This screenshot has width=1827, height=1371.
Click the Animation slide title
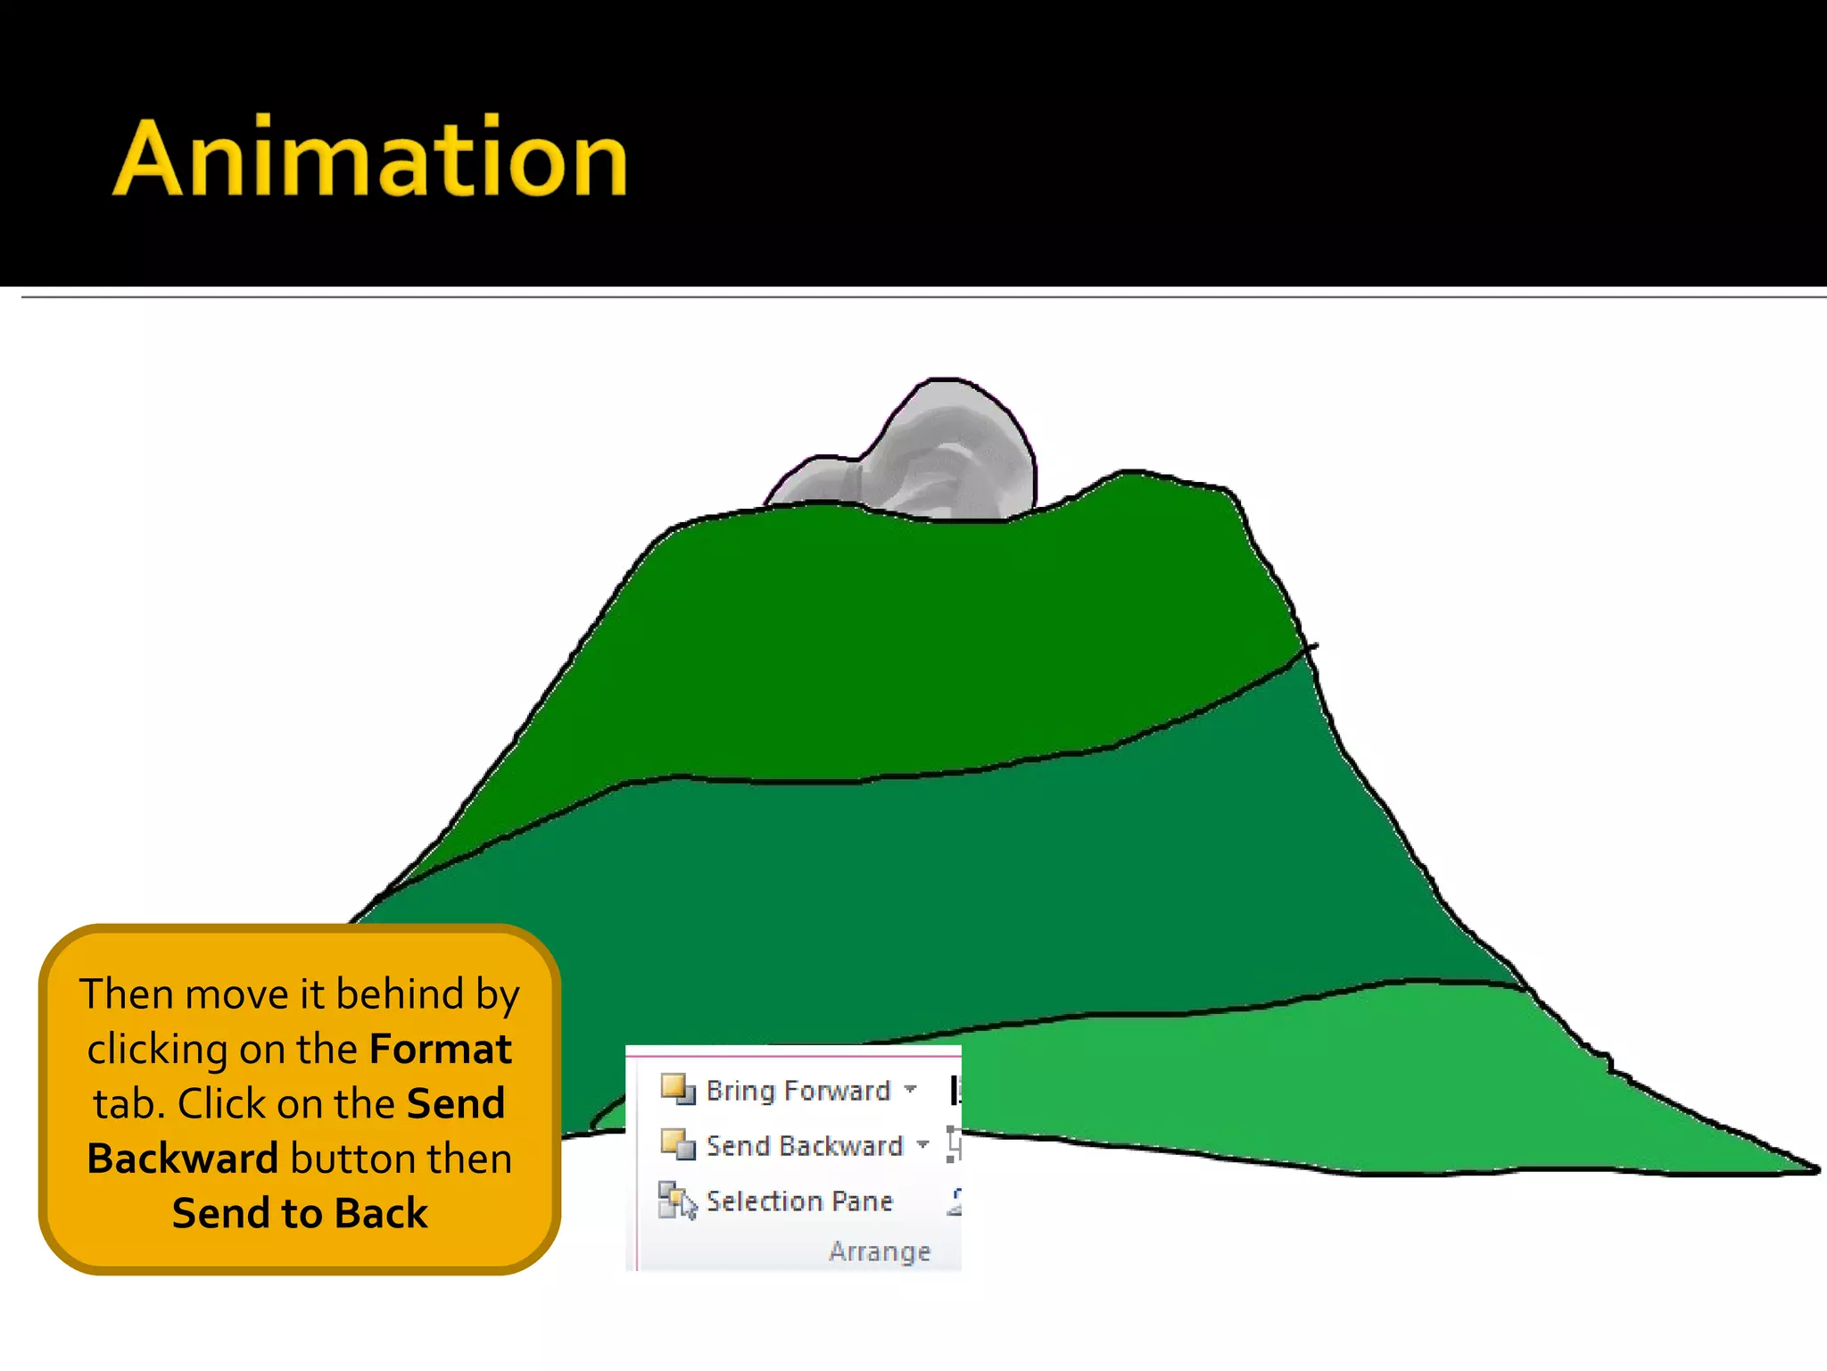[370, 158]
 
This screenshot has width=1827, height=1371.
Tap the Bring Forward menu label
[798, 1090]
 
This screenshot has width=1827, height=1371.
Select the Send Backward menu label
[805, 1145]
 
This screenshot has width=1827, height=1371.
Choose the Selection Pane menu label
[799, 1201]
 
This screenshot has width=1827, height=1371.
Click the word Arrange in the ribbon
[880, 1251]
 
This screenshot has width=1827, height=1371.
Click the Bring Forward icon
[677, 1089]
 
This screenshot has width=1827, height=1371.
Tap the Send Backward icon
[677, 1144]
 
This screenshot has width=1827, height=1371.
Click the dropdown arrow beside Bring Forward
[910, 1089]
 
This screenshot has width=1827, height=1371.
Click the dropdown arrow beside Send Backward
[922, 1144]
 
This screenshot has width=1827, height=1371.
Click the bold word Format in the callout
[441, 1049]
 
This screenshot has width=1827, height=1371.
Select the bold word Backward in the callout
[183, 1159]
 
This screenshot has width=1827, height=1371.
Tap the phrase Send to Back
[300, 1214]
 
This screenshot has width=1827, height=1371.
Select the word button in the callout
[352, 1159]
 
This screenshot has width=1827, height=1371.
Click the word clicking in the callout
[157, 1050]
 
